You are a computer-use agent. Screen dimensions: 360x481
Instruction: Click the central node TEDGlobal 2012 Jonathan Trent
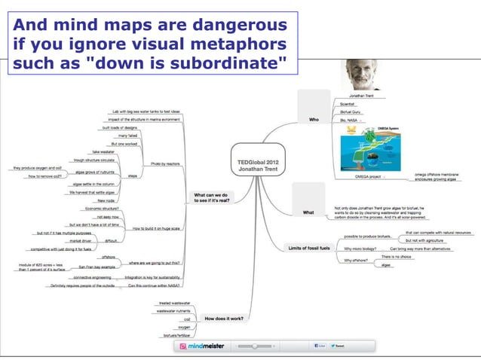click(x=258, y=167)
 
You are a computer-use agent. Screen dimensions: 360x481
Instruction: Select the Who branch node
click(x=314, y=119)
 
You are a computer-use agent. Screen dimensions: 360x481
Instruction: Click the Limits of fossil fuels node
click(x=310, y=248)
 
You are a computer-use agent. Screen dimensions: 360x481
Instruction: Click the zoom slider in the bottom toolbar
click(x=256, y=346)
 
